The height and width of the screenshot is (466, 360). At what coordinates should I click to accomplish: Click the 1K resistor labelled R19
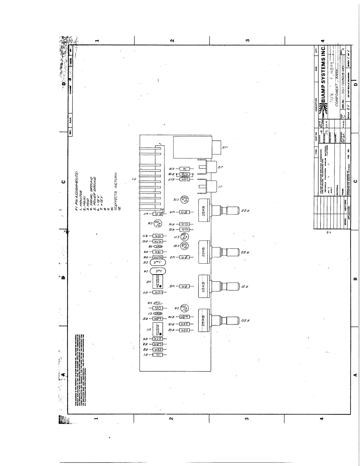pyautogui.click(x=185, y=169)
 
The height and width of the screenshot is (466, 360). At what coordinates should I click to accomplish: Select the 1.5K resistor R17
pyautogui.click(x=185, y=179)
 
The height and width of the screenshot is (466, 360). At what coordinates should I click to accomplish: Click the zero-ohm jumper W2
pyautogui.click(x=185, y=286)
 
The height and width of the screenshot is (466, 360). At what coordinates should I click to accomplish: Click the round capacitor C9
pyautogui.click(x=185, y=308)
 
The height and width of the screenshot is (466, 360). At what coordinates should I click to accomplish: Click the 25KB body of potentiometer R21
pyautogui.click(x=204, y=286)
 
